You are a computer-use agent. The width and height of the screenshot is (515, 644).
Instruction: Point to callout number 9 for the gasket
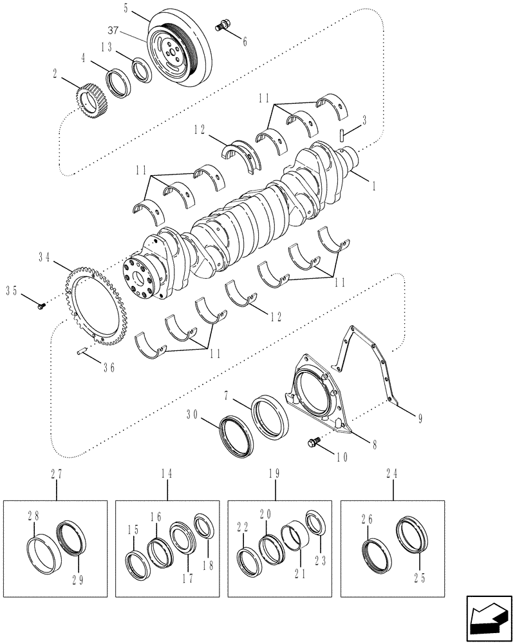click(x=419, y=419)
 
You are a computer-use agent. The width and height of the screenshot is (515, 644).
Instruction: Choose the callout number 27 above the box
click(x=55, y=473)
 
